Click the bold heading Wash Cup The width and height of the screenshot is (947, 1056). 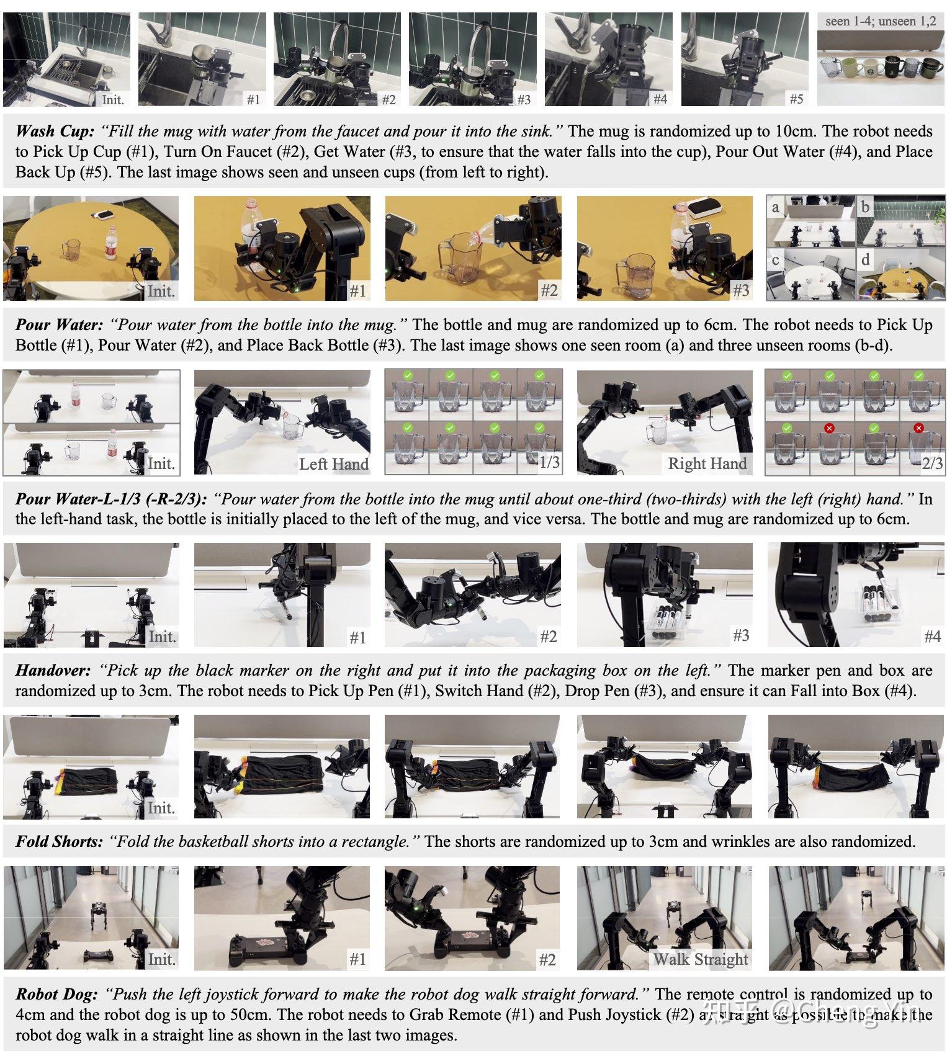point(55,131)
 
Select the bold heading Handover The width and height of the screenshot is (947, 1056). point(53,670)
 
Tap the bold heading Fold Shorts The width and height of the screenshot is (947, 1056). point(59,841)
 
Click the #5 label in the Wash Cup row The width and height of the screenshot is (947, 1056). point(796,99)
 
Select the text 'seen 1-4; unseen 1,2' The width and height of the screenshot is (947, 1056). point(880,21)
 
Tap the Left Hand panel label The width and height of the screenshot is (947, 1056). point(333,463)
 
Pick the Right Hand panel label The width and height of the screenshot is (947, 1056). point(707,463)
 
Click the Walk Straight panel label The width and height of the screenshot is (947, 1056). point(700,959)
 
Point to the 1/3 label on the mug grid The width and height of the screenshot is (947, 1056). point(549,462)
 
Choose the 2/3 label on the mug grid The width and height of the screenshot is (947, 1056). point(932,463)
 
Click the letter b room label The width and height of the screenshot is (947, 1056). point(865,207)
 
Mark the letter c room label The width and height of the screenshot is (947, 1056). point(775,260)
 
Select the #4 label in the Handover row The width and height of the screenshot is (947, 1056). point(932,636)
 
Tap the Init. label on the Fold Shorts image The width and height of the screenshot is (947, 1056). point(161,808)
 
